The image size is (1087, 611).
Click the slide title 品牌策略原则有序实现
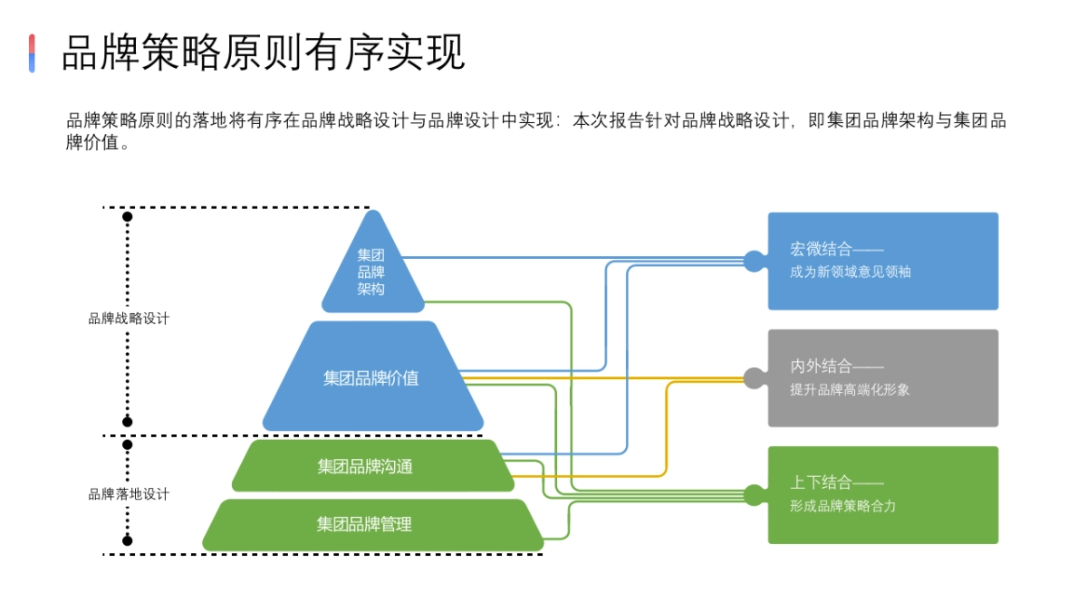pos(263,53)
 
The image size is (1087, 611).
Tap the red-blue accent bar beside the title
pos(32,53)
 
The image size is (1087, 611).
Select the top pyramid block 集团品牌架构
pos(371,272)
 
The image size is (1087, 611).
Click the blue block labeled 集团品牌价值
pos(371,378)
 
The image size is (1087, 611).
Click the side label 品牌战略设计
pos(129,319)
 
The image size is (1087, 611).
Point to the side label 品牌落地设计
pos(129,494)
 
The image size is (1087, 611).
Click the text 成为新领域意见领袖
pos(850,272)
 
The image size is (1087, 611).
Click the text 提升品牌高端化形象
pos(850,389)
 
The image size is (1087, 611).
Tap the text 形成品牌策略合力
pos(842,506)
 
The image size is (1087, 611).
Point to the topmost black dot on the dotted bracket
pos(128,217)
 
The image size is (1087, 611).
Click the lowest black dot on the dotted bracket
pos(128,540)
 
